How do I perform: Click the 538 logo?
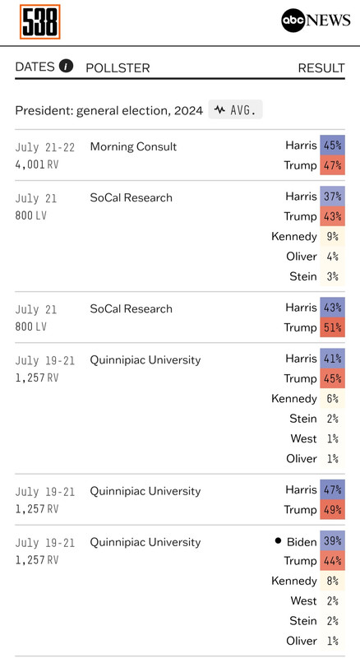point(39,22)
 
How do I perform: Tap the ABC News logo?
point(316,20)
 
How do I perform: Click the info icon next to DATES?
point(66,66)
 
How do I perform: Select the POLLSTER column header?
point(118,68)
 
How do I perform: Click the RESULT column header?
point(321,68)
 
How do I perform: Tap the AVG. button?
point(235,110)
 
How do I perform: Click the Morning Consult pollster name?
point(133,146)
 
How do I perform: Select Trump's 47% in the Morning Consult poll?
point(332,165)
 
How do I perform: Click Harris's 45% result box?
point(332,146)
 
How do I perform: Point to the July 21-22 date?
point(45,147)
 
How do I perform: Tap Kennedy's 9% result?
point(332,236)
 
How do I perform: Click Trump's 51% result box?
point(332,327)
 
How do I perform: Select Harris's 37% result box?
point(332,196)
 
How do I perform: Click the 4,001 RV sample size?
point(37,164)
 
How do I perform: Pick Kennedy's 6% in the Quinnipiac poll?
point(332,398)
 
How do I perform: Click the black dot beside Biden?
point(278,540)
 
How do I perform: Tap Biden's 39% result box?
point(332,540)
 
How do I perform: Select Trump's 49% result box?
point(332,509)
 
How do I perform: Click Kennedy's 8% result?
point(332,581)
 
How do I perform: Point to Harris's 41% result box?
point(332,359)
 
